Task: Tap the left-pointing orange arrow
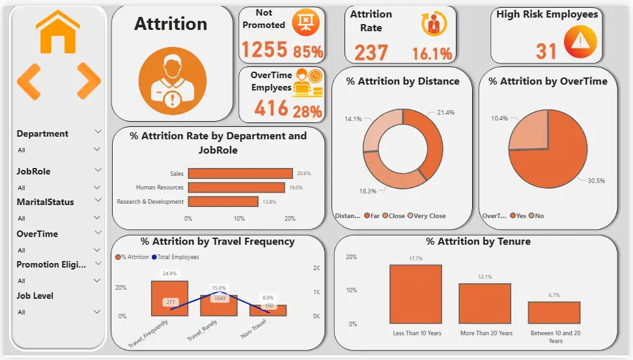29,81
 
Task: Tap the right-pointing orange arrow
89,81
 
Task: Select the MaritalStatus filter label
45,202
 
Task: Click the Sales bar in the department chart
240,173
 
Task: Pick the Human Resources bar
236,187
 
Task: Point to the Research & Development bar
223,202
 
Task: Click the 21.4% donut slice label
445,113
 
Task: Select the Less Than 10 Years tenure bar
416,294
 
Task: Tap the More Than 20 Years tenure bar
485,303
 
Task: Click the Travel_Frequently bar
169,298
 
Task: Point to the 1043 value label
218,298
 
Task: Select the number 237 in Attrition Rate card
371,53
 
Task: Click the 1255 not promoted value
264,49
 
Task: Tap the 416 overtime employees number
271,108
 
